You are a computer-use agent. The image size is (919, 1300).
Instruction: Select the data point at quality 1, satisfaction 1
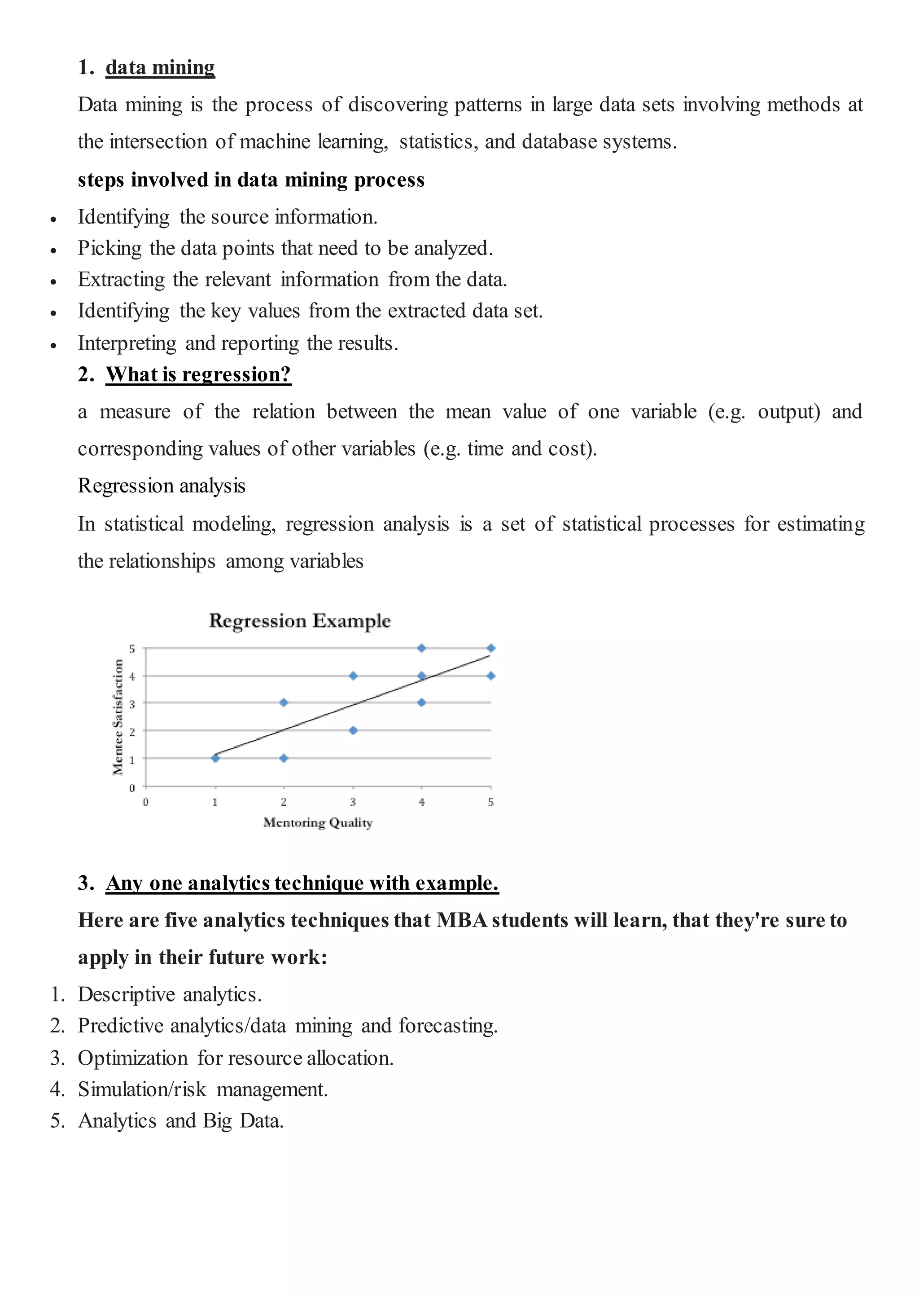pyautogui.click(x=215, y=758)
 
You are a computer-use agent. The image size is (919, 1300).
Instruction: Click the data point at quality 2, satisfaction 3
pyautogui.click(x=284, y=703)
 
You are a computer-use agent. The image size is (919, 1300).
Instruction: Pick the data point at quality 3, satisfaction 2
pyautogui.click(x=353, y=730)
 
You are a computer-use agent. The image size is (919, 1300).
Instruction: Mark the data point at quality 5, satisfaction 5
pyautogui.click(x=490, y=648)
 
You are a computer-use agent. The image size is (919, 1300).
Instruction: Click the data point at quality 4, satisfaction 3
pyautogui.click(x=422, y=703)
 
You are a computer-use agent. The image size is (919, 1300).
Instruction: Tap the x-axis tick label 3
pyautogui.click(x=353, y=802)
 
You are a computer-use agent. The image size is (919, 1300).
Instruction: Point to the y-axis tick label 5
pyautogui.click(x=132, y=649)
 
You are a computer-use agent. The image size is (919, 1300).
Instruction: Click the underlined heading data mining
pyautogui.click(x=160, y=67)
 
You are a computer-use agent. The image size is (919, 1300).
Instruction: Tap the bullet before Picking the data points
pyautogui.click(x=53, y=250)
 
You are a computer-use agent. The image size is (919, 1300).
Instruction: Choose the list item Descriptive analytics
pyautogui.click(x=169, y=994)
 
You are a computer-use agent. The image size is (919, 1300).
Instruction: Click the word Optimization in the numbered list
pyautogui.click(x=132, y=1058)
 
